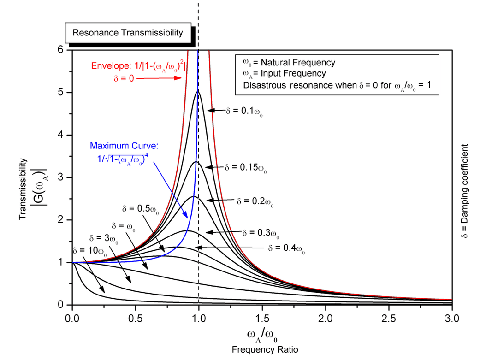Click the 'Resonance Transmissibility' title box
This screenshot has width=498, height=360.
(127, 33)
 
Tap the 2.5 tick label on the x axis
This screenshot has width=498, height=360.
(389, 318)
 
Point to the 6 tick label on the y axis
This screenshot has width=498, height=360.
(61, 50)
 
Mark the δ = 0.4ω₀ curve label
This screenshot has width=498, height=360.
(286, 248)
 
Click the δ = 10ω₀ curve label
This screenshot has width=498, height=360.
(89, 251)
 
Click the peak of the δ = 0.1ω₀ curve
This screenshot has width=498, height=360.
(198, 91)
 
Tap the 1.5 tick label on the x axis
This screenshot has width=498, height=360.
(262, 318)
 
